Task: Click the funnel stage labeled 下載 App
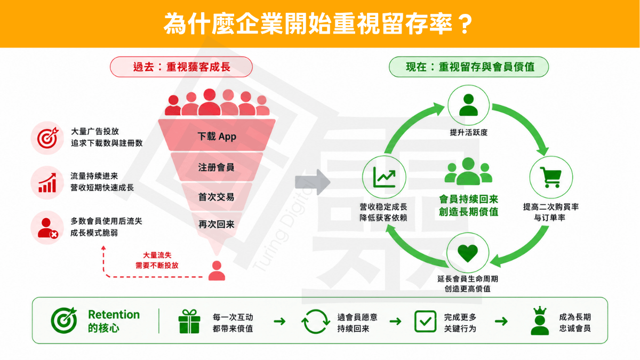pos(217,135)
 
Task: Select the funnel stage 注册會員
pos(217,167)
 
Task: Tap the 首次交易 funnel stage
pos(217,197)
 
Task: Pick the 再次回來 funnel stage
pos(217,225)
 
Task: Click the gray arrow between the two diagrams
pos(313,182)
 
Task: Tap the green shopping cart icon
pos(551,177)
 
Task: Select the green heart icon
pos(468,253)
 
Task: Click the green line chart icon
pos(385,177)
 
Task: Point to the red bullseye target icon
pos(47,138)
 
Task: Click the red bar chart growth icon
pos(47,182)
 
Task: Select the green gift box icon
pos(189,322)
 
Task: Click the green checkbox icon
pos(425,322)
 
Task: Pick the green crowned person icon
pos(540,321)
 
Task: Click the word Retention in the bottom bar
pos(114,315)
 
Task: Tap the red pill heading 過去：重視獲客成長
pos(181,67)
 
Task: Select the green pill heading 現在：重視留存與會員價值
pos(469,67)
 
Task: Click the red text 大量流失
pos(157,255)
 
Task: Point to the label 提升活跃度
pos(469,132)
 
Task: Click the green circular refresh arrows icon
pos(315,322)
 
